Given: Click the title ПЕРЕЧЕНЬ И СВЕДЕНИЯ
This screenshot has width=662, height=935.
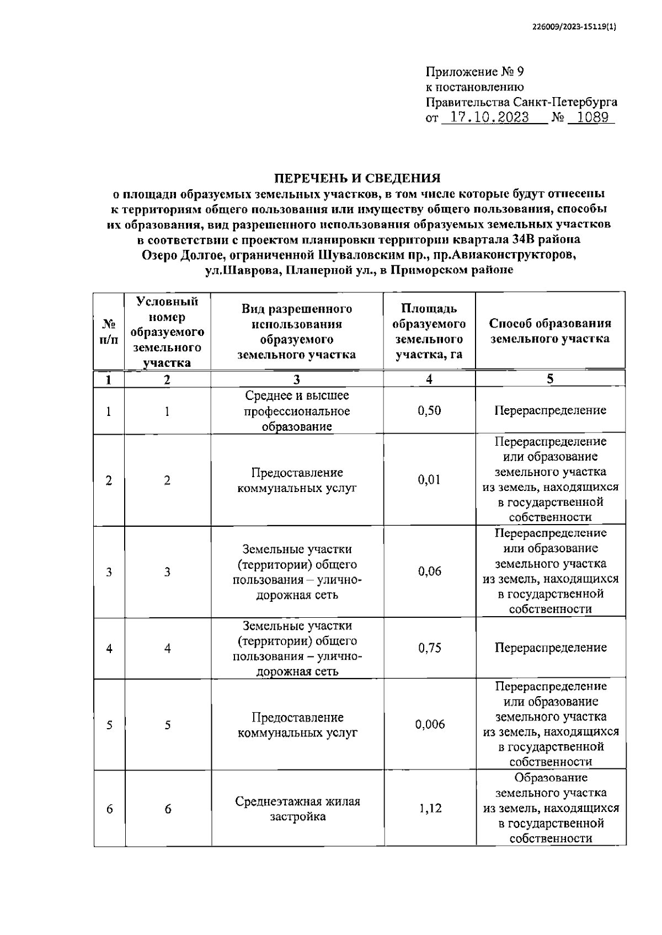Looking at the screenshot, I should tap(358, 178).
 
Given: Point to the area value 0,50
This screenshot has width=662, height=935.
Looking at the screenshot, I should tap(429, 411).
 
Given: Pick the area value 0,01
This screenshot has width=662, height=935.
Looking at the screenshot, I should tap(429, 480).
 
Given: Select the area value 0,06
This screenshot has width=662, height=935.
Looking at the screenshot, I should tap(429, 571).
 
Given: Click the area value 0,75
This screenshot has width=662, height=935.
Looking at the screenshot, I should tap(429, 648).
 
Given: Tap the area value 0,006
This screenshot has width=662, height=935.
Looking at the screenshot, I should tap(429, 724).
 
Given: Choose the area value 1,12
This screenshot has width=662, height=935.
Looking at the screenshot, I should tap(429, 809).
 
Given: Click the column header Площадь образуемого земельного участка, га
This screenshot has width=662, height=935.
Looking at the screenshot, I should tap(429, 331).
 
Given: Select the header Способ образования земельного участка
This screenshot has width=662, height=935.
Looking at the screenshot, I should tap(550, 331).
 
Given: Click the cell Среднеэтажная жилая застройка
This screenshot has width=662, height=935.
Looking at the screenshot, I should tap(297, 809).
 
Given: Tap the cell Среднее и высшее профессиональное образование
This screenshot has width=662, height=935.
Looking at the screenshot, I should tap(297, 411).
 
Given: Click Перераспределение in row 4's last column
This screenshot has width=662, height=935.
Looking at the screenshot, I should tap(550, 648).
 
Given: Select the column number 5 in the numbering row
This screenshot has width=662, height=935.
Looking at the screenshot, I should tap(550, 378).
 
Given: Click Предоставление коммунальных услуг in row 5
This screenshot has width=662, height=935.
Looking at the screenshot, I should tap(297, 725).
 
